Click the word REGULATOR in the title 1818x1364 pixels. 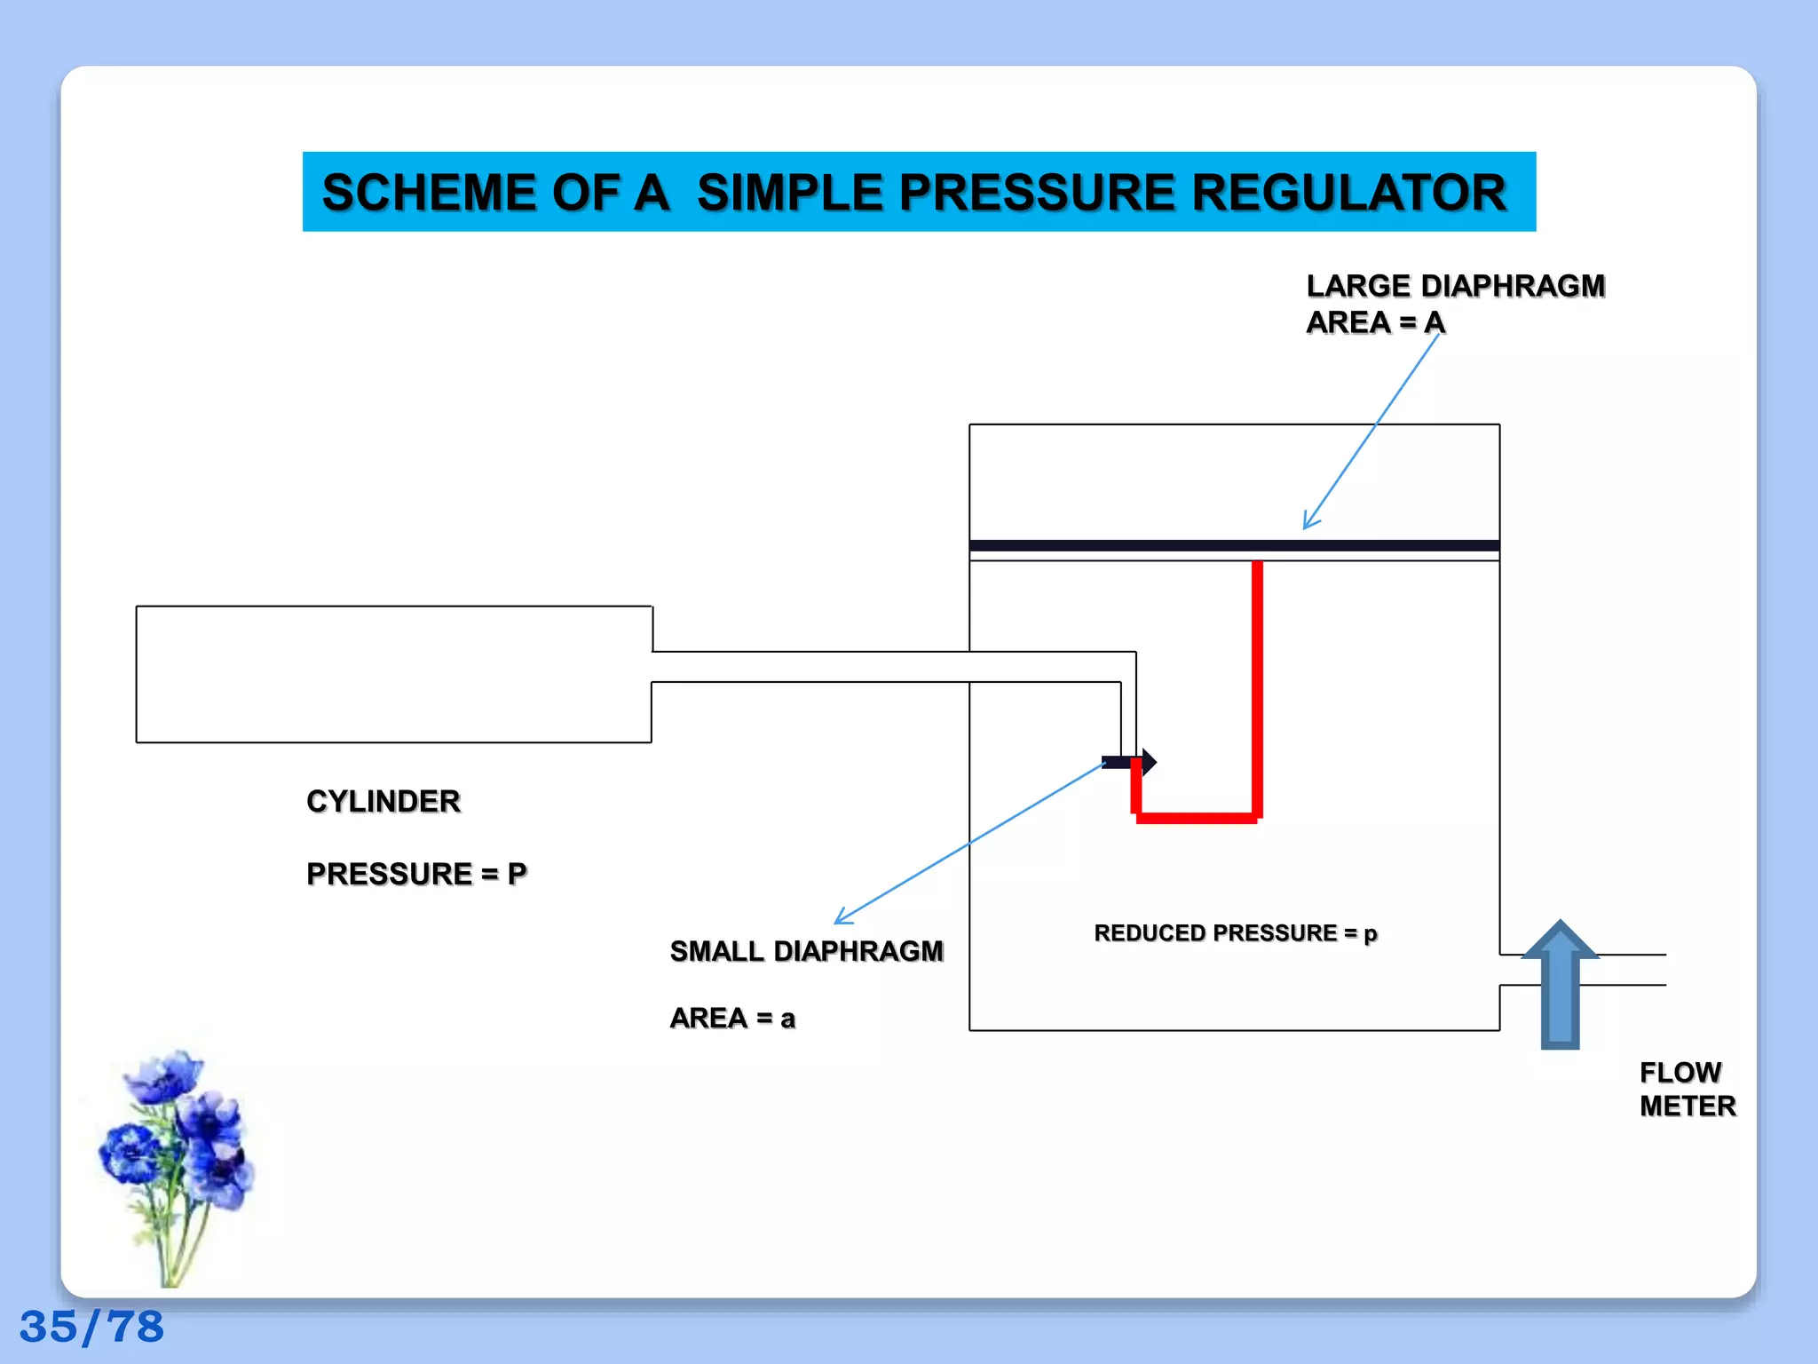[1348, 193]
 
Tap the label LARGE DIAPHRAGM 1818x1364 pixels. [1455, 286]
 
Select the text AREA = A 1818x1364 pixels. [1375, 322]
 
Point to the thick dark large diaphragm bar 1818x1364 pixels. [1234, 545]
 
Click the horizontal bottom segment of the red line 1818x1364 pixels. [1197, 818]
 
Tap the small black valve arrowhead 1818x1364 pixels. [1149, 761]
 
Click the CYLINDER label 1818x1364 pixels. [383, 801]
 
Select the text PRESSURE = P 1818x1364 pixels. [416, 874]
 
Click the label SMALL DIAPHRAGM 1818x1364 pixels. [806, 951]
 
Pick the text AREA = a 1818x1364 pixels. [732, 1018]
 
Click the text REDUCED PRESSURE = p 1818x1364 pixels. [1235, 933]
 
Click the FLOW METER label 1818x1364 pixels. [1686, 1089]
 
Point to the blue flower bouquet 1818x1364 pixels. [178, 1154]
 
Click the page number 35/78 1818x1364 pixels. [91, 1327]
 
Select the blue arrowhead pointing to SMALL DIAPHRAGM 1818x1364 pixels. [843, 918]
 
